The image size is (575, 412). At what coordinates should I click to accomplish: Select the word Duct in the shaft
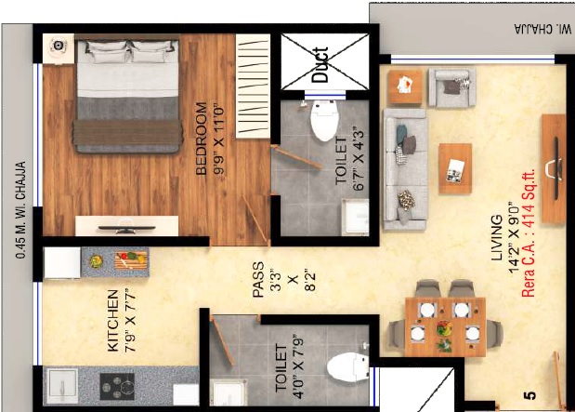(320, 64)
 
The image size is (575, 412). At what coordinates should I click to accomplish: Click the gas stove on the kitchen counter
(117, 384)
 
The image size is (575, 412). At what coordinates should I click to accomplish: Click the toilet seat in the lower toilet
(349, 366)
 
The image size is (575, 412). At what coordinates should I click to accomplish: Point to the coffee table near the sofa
(455, 168)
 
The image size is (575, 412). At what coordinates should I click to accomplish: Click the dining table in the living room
(445, 325)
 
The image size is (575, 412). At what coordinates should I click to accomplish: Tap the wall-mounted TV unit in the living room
(555, 167)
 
